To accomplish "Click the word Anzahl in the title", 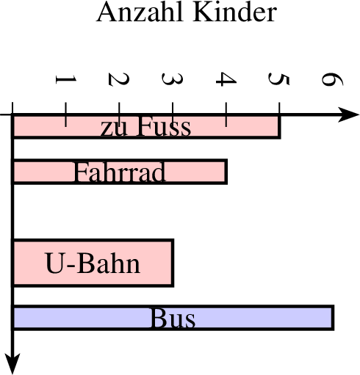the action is click(140, 12).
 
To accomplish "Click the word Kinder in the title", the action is click(235, 12).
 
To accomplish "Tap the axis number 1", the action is click(66, 79).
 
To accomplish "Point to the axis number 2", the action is click(119, 79).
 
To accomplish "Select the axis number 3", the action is click(173, 79).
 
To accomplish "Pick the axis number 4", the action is click(226, 79).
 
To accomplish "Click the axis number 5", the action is click(279, 79).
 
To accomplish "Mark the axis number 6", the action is click(333, 79).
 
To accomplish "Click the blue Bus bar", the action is click(173, 318).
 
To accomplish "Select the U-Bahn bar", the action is click(93, 263).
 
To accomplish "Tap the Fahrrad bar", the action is click(120, 172).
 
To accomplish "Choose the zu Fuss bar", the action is click(146, 126).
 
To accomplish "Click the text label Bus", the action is click(173, 318).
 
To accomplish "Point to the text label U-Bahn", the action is click(93, 263).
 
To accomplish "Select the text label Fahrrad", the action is click(120, 172).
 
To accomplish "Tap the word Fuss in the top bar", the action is click(164, 126).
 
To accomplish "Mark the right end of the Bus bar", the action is click(333, 318).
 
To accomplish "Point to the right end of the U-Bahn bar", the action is click(173, 263).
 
